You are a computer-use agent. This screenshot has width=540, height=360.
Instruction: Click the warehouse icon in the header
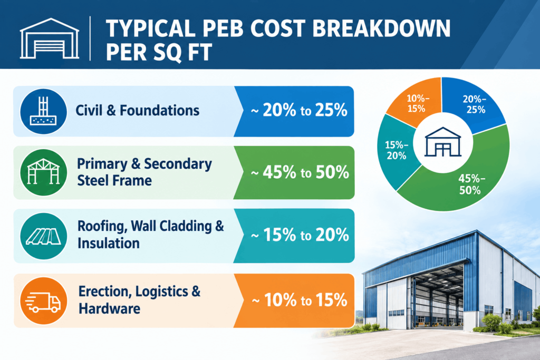(x=50, y=38)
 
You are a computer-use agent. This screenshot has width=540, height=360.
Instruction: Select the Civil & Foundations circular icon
(x=43, y=112)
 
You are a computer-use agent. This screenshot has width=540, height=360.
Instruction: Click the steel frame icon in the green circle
(x=43, y=172)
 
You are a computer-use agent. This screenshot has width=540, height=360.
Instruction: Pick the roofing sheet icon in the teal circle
(x=43, y=237)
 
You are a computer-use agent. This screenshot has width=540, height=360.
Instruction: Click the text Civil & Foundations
(x=138, y=111)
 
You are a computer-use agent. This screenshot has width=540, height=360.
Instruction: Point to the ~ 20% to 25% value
(x=299, y=111)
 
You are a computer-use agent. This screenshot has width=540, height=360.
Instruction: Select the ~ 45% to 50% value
(x=300, y=172)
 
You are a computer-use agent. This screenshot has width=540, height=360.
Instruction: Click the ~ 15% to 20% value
(x=300, y=235)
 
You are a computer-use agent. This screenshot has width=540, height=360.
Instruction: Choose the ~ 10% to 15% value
(x=300, y=300)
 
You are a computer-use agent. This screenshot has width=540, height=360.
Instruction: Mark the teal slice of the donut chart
(x=396, y=151)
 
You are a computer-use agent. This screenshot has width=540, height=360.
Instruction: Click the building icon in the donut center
(x=443, y=142)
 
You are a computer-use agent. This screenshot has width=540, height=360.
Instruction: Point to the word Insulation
(x=109, y=244)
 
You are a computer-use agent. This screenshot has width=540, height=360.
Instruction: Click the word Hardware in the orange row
(x=109, y=308)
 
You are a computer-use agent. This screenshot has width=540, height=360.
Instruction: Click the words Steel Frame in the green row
(x=114, y=180)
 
